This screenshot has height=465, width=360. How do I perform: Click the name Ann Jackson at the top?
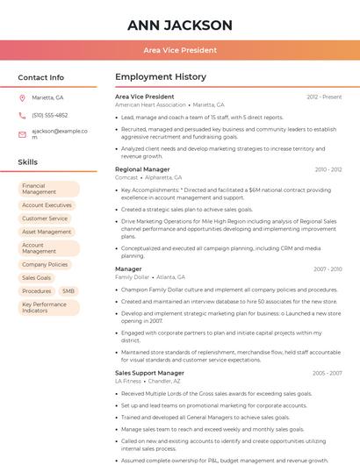(x=180, y=25)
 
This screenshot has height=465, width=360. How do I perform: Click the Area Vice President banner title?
(x=180, y=50)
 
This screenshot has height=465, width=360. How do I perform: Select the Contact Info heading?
(x=41, y=77)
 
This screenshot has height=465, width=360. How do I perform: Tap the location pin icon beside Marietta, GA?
(x=22, y=97)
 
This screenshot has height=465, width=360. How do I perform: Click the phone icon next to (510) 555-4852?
(x=22, y=115)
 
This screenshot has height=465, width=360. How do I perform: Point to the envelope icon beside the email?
(x=22, y=134)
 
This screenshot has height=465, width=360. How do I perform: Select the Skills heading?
(x=28, y=162)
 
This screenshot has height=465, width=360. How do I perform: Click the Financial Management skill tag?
(x=48, y=189)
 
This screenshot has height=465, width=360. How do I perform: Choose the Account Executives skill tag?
(x=47, y=205)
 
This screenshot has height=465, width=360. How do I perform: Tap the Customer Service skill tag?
(x=45, y=218)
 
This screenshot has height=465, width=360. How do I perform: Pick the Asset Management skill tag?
(x=47, y=232)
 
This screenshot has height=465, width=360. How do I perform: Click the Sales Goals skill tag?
(x=37, y=277)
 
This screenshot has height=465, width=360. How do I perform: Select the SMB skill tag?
(x=68, y=290)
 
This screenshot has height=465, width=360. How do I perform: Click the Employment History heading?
(x=160, y=77)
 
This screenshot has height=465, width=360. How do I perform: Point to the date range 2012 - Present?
(x=324, y=97)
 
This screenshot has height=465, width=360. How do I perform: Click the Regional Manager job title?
(x=142, y=168)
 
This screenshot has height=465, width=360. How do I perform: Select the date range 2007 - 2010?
(x=327, y=268)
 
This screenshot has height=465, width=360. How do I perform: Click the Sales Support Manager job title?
(x=149, y=373)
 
